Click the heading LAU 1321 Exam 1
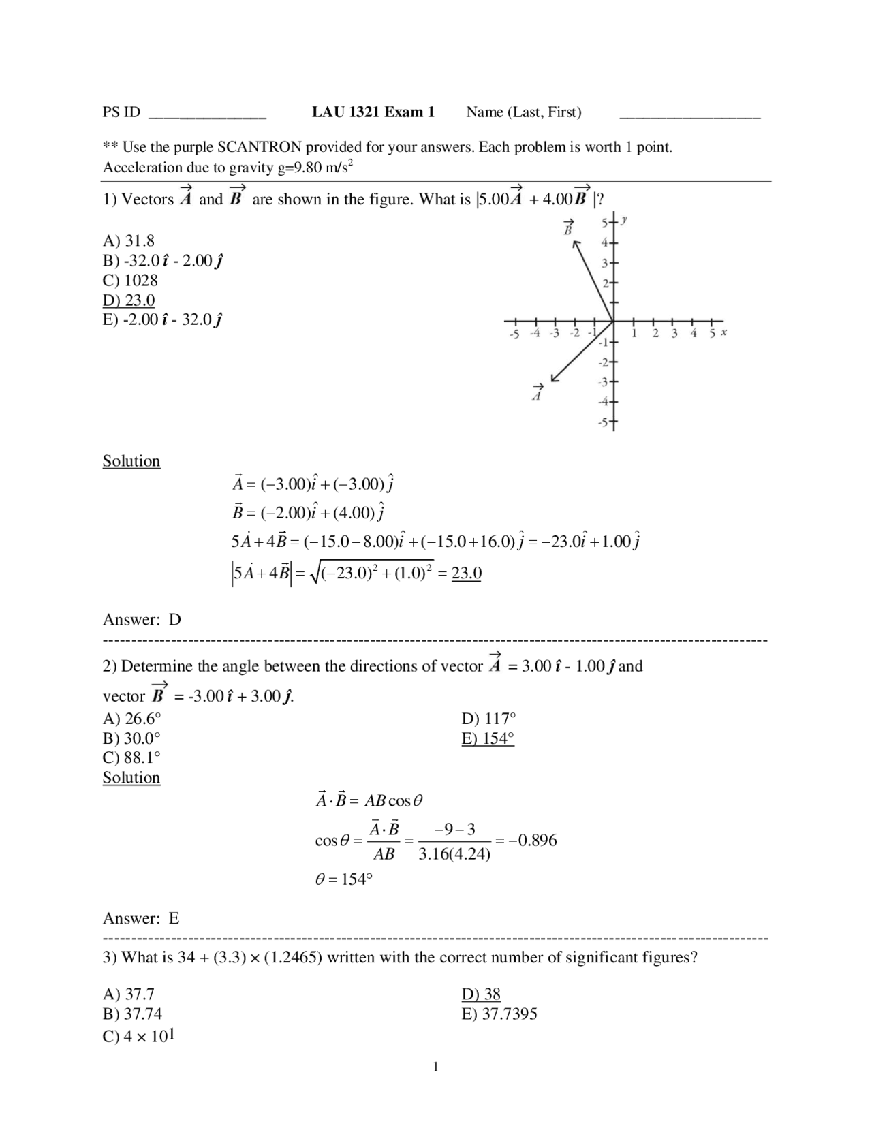[373, 112]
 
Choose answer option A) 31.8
[129, 240]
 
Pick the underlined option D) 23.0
[129, 300]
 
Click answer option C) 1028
[130, 281]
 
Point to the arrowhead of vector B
[576, 243]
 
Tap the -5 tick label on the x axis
[514, 334]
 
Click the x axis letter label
[723, 332]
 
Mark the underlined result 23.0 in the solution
[466, 574]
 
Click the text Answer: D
[142, 620]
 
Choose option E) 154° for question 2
[487, 739]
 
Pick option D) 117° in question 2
[488, 719]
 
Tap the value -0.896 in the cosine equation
[532, 841]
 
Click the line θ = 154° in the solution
[343, 879]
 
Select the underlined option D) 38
[481, 994]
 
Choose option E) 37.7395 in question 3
[499, 1014]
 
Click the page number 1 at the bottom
[436, 1067]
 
